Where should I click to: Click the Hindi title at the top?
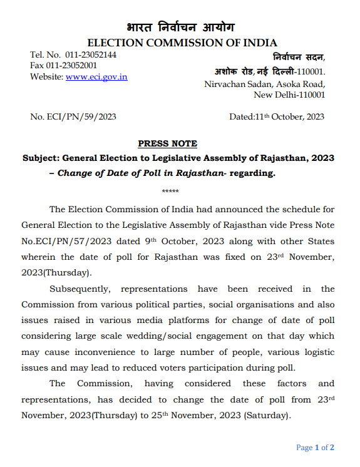click(x=180, y=28)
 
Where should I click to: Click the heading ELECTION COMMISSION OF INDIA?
click(x=182, y=43)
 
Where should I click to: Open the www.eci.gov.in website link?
click(x=96, y=76)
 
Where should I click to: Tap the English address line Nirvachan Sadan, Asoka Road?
click(x=264, y=84)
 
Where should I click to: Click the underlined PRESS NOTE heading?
click(x=167, y=143)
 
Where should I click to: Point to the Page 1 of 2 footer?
click(x=315, y=447)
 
